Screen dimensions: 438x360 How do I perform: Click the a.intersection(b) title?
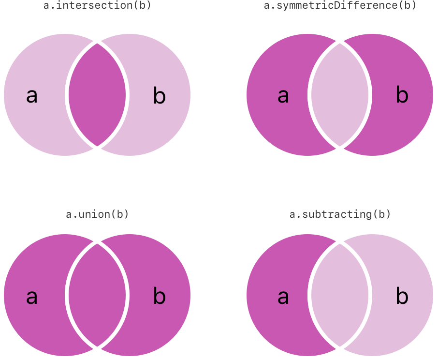pyautogui.click(x=97, y=5)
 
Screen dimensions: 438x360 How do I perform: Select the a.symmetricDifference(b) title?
pyautogui.click(x=340, y=5)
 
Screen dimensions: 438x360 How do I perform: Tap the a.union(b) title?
pyautogui.click(x=97, y=214)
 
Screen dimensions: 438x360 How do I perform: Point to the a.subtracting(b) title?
pyautogui.click(x=340, y=214)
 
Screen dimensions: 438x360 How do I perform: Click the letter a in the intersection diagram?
pyautogui.click(x=32, y=96)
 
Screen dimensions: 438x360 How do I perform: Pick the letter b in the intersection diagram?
pyautogui.click(x=160, y=95)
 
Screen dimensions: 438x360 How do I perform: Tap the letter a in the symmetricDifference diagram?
pyautogui.click(x=283, y=96)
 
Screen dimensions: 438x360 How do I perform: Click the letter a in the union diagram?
pyautogui.click(x=32, y=297)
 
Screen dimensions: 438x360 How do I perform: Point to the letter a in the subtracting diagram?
pyautogui.click(x=283, y=297)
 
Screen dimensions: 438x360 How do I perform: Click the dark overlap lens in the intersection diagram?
pyautogui.click(x=97, y=95)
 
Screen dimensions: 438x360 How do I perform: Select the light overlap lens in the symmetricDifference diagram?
pyautogui.click(x=340, y=95)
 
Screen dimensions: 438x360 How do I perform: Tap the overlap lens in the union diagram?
pyautogui.click(x=97, y=295)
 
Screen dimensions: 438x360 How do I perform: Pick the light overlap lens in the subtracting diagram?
pyautogui.click(x=340, y=295)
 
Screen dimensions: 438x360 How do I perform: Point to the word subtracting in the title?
pyautogui.click(x=337, y=215)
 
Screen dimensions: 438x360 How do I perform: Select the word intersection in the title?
pyautogui.click(x=94, y=5)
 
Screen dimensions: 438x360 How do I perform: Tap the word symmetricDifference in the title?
pyautogui.click(x=337, y=6)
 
